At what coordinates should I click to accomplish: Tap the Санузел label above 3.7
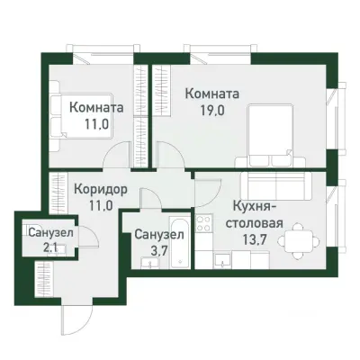[x=159, y=235]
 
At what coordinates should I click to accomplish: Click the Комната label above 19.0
[x=212, y=93]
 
